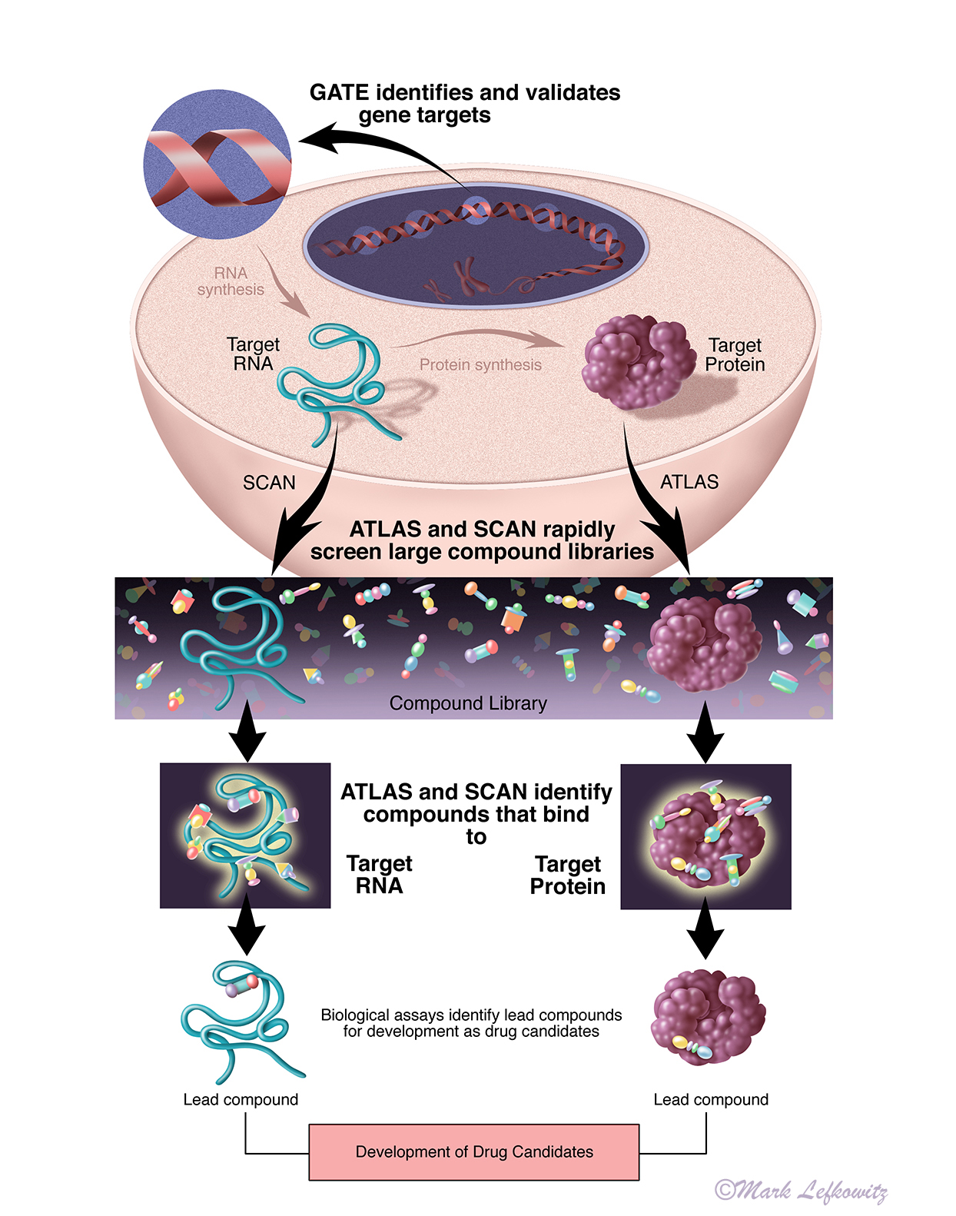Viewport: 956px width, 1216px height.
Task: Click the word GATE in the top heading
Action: [x=339, y=93]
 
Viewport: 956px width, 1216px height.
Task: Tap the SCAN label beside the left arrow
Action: [x=269, y=483]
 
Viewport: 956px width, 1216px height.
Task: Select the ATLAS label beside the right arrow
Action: [x=689, y=482]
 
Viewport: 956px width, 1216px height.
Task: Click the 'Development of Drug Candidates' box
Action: [x=474, y=1151]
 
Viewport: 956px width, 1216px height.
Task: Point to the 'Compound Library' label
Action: [x=468, y=703]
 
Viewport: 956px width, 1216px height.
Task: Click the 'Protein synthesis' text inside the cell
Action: [x=480, y=365]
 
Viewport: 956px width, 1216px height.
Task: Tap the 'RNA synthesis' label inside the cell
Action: [x=231, y=281]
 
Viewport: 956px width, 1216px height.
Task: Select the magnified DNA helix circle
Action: [x=218, y=164]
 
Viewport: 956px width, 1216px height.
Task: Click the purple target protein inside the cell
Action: [x=639, y=362]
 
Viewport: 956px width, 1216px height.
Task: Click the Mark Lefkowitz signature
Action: [x=801, y=1191]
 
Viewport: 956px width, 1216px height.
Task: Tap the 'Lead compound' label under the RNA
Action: [x=241, y=1100]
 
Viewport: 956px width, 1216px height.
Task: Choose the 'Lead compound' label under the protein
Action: [x=711, y=1100]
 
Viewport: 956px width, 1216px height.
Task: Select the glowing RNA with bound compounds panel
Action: [x=245, y=836]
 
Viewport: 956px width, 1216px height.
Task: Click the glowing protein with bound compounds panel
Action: [x=705, y=836]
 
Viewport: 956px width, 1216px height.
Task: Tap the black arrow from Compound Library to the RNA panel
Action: [x=247, y=739]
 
